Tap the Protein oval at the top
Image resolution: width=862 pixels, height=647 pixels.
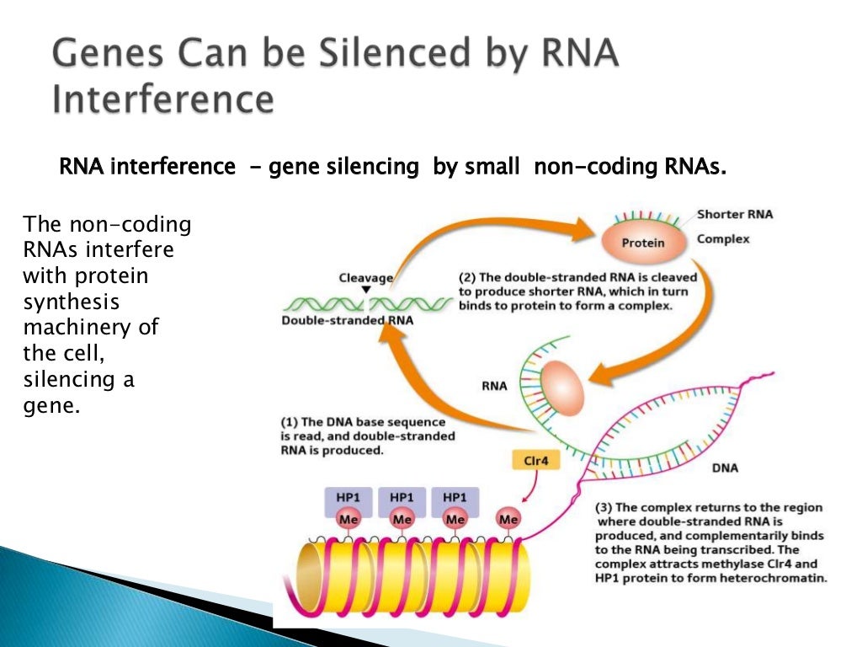coord(643,243)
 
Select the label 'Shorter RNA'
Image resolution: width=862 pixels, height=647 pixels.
coord(734,215)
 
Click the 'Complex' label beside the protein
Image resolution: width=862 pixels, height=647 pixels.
coord(722,239)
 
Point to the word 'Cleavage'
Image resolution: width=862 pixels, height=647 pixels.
coord(365,277)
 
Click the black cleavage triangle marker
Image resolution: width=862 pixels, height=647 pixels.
coord(365,290)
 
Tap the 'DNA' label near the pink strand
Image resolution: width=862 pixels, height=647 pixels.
coord(726,468)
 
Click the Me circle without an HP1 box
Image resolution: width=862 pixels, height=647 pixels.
coord(508,520)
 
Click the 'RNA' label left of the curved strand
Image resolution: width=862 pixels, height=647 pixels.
coord(494,387)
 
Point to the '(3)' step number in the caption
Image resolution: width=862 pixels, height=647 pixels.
coord(604,507)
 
